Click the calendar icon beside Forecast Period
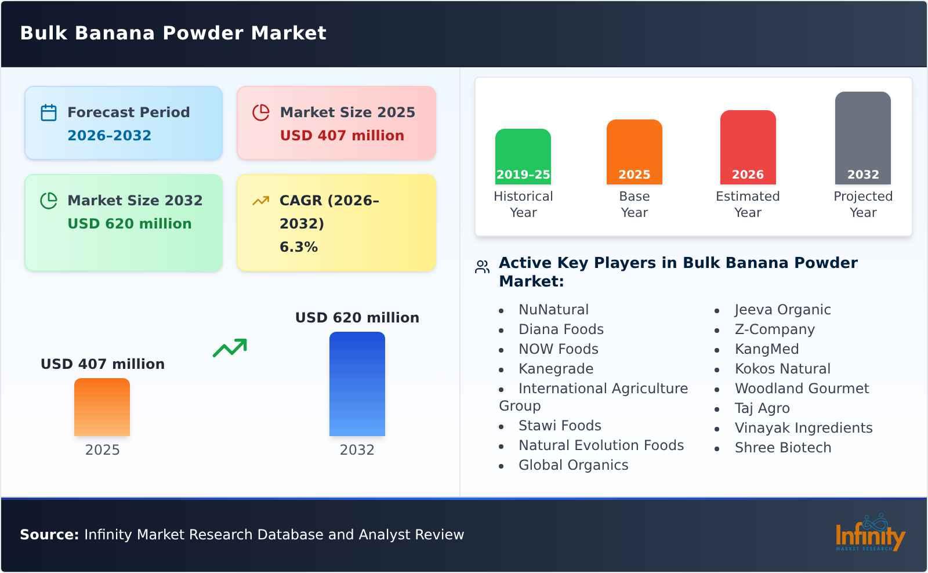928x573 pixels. pyautogui.click(x=49, y=113)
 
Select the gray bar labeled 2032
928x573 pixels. pyautogui.click(x=862, y=138)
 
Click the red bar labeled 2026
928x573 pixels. pyautogui.click(x=748, y=147)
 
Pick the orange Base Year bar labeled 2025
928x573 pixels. pyautogui.click(x=634, y=152)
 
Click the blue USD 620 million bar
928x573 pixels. pyautogui.click(x=357, y=384)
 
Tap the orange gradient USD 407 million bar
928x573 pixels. pyautogui.click(x=102, y=407)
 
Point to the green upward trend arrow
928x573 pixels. pyautogui.click(x=230, y=347)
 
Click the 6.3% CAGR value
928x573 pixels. pyautogui.click(x=299, y=247)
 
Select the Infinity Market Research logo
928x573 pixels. pyautogui.click(x=869, y=534)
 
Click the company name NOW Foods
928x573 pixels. pyautogui.click(x=558, y=349)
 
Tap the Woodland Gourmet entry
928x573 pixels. pyautogui.click(x=802, y=389)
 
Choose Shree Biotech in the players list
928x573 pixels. pyautogui.click(x=782, y=448)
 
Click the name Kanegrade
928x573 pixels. pyautogui.click(x=556, y=369)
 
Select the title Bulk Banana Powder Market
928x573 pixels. pyautogui.click(x=173, y=33)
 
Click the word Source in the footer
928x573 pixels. pyautogui.click(x=49, y=535)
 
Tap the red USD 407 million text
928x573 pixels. pyautogui.click(x=342, y=136)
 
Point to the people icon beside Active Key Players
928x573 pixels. pyautogui.click(x=482, y=267)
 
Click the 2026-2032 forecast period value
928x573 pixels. pyautogui.click(x=109, y=136)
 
